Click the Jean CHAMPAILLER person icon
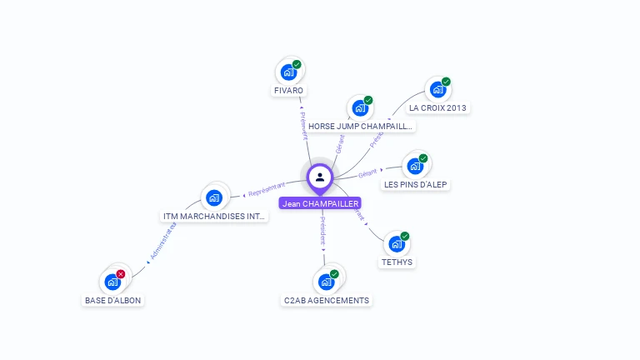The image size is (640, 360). pos(320,177)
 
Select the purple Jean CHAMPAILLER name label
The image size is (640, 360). pos(320,203)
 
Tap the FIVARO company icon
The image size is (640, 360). pos(288,72)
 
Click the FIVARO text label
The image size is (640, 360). pos(288,90)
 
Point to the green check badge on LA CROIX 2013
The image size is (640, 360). pos(446,82)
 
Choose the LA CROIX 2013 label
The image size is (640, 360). pos(438,107)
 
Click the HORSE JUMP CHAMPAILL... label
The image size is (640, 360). pos(360,127)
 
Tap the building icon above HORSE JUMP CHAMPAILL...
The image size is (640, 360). pos(360,108)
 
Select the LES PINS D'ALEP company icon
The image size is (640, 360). pos(415,166)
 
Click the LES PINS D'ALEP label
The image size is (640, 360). pos(417,184)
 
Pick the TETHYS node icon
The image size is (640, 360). pos(397,244)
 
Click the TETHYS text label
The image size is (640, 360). pos(397,262)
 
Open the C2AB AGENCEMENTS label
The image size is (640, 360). pos(326,300)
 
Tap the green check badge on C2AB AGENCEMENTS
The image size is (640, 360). pos(334,273)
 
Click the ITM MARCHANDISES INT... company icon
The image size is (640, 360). pos(214,197)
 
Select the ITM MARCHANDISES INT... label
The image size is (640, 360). pos(215,217)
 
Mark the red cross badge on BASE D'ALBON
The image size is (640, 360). pos(121,273)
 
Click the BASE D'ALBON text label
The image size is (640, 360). pos(113,300)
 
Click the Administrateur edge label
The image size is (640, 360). pos(164,243)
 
